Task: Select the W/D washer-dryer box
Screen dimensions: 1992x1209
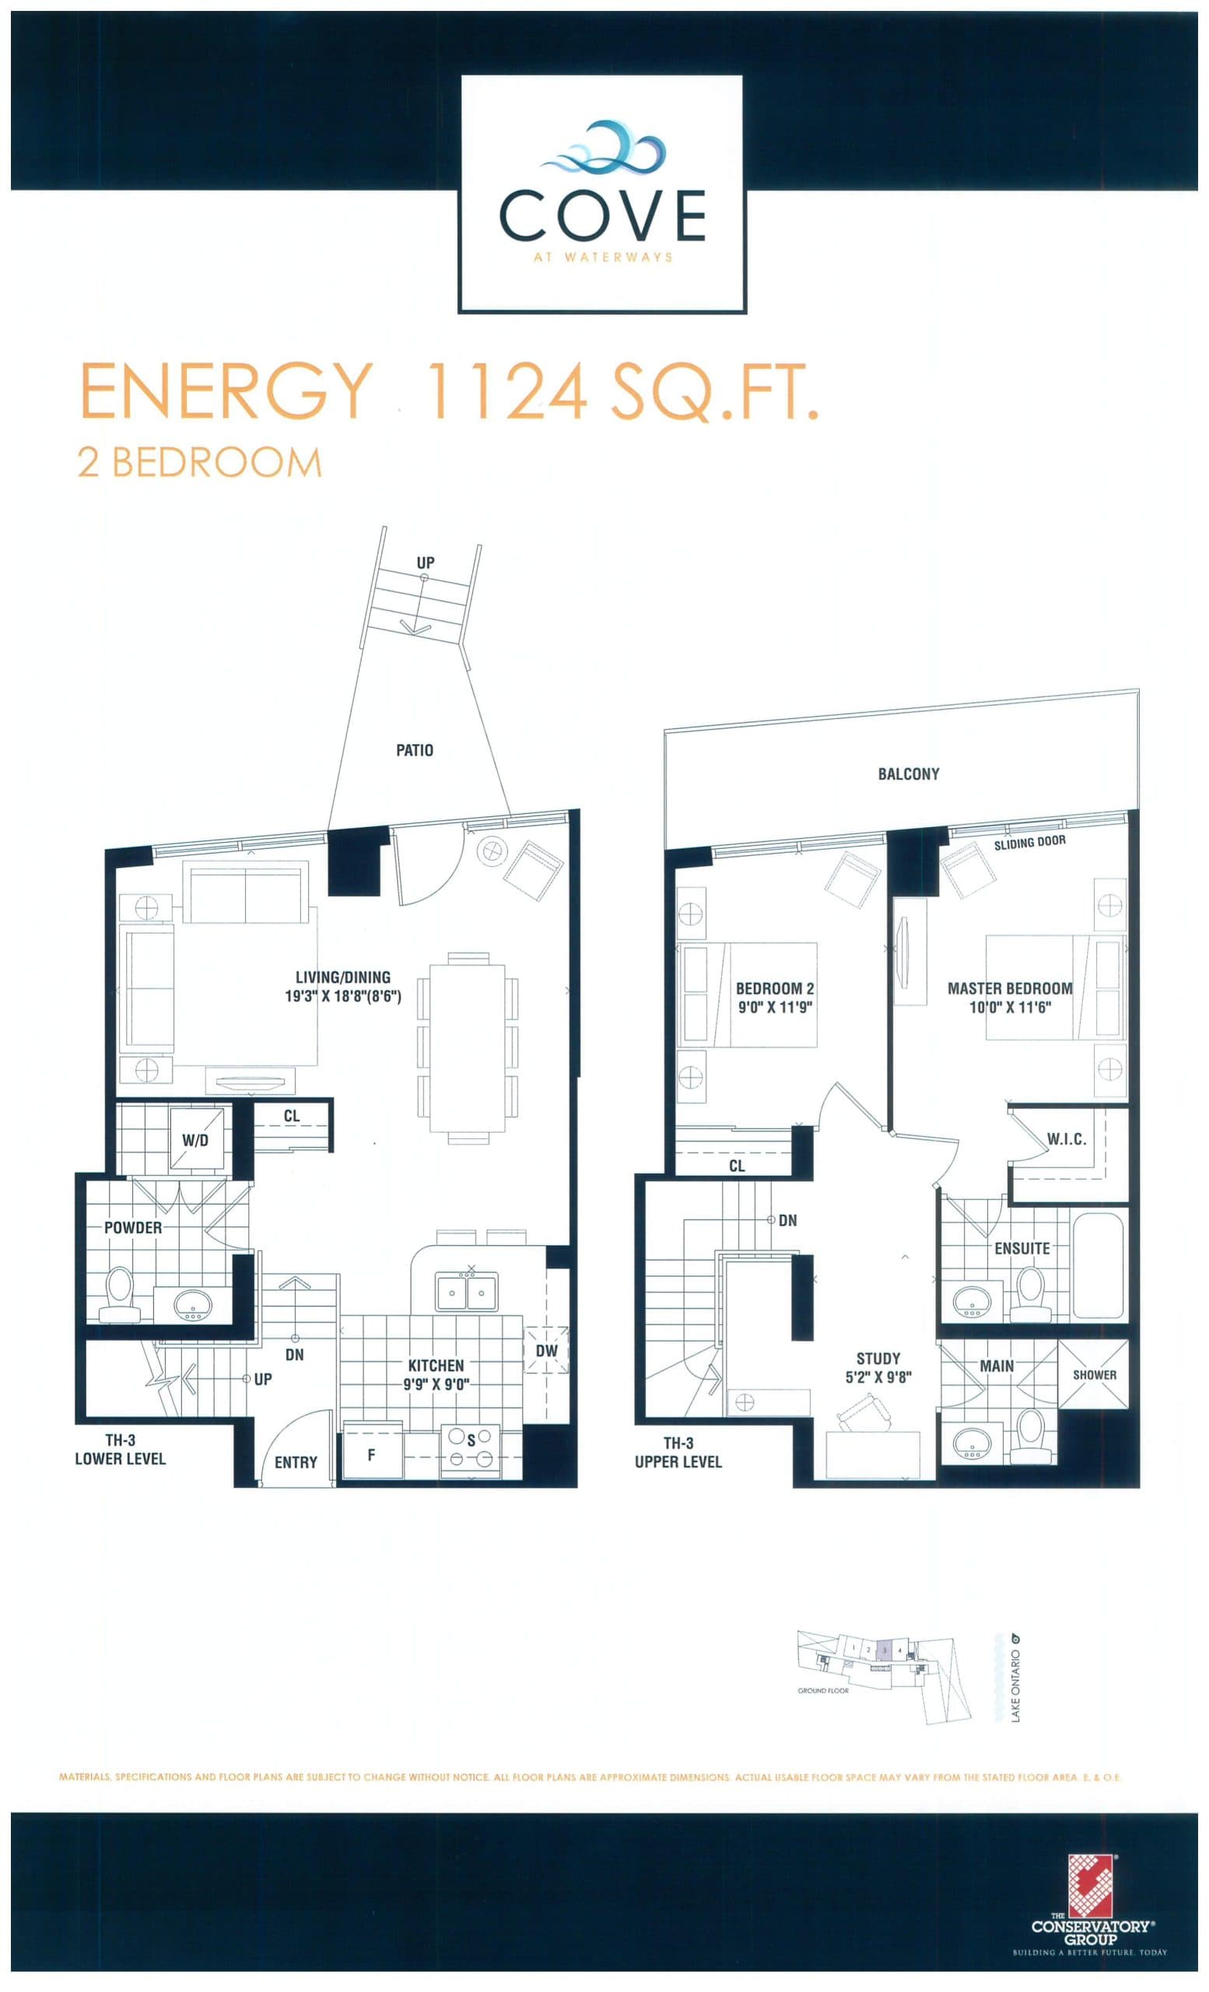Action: (194, 1140)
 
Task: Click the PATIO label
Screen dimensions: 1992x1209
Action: (415, 750)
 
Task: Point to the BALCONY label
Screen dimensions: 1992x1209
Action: (909, 773)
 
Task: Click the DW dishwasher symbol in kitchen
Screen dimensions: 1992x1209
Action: (546, 1351)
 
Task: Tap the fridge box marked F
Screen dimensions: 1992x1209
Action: (371, 1455)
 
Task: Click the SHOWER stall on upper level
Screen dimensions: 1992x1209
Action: (1094, 1374)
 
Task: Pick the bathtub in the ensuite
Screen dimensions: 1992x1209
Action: (1097, 1266)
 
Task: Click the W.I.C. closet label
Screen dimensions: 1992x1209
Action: (1067, 1139)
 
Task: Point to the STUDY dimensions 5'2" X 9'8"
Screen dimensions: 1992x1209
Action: (878, 1377)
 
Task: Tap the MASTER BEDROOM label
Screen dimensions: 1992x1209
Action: (1009, 988)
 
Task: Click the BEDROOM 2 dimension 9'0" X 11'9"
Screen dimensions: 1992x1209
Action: (774, 1008)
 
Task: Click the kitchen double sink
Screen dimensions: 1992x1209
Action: (466, 1291)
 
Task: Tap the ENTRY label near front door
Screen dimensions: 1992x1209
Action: (296, 1461)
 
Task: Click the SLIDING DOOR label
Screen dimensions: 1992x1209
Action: (1029, 843)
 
